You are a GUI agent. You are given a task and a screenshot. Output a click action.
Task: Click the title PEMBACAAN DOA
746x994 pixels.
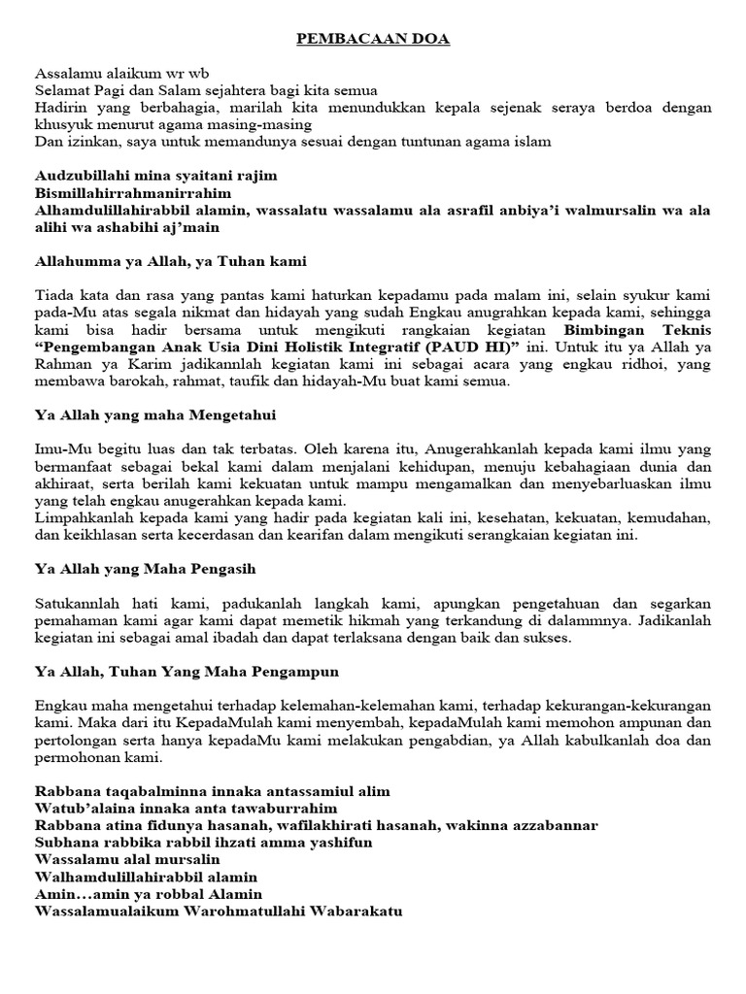point(374,40)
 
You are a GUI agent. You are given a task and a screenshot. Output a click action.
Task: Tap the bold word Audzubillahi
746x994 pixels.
point(81,176)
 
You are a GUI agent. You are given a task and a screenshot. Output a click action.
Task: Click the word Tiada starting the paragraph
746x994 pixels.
point(54,295)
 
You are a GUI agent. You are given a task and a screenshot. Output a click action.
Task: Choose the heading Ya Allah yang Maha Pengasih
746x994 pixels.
point(145,568)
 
